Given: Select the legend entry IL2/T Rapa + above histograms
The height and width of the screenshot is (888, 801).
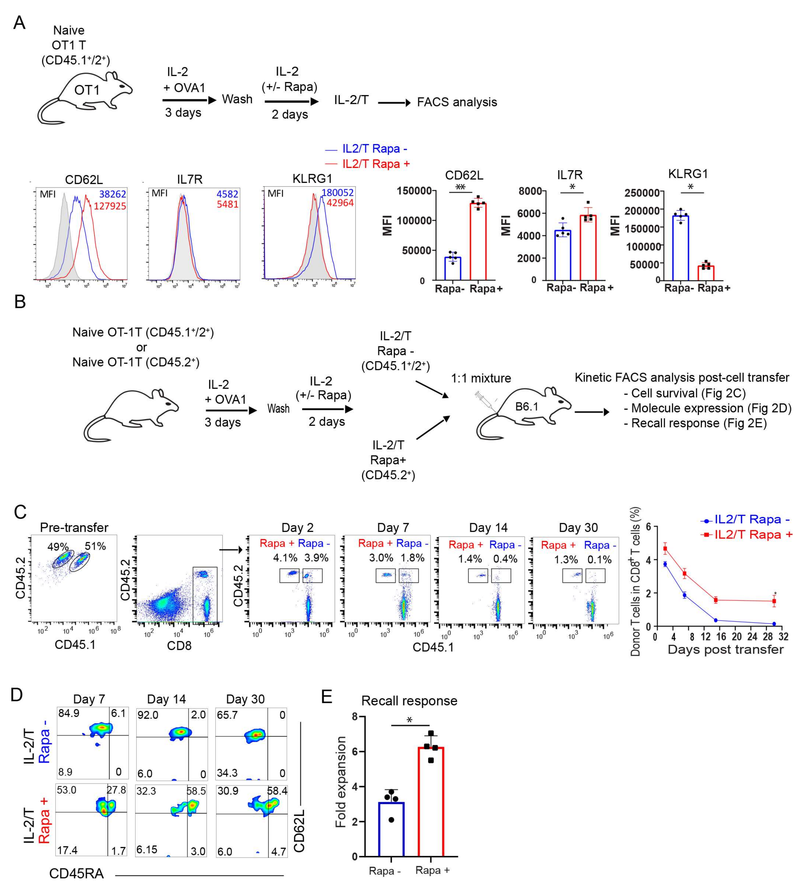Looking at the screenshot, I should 376,164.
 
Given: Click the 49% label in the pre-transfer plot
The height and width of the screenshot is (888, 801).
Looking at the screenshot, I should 58,547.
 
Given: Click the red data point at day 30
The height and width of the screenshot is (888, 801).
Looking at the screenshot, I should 774,601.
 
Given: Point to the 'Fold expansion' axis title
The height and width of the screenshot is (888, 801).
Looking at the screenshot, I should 341,782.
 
